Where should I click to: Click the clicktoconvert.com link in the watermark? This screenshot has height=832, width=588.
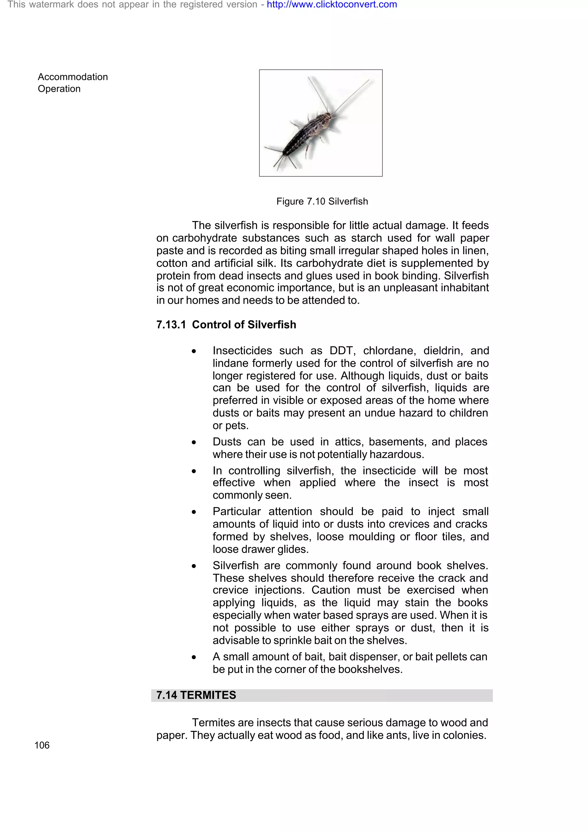[x=332, y=5]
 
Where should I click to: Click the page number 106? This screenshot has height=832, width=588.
[x=42, y=745]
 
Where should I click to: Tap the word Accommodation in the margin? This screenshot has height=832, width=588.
[x=73, y=77]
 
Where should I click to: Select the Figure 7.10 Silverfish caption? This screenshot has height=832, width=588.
[x=322, y=202]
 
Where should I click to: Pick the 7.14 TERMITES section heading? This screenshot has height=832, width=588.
[x=196, y=695]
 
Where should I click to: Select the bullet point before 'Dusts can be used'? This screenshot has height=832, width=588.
[x=194, y=442]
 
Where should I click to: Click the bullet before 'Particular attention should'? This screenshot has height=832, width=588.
[x=194, y=512]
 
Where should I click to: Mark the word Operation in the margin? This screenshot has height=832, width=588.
[x=59, y=89]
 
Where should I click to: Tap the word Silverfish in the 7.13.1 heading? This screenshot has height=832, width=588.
[x=271, y=325]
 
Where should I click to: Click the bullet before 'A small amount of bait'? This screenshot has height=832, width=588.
[x=194, y=657]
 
